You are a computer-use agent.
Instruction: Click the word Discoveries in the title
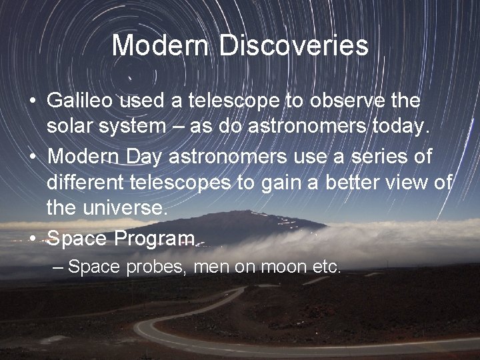tap(293, 45)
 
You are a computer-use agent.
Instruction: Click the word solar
tap(69, 125)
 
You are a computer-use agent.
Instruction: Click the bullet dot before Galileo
tap(32, 102)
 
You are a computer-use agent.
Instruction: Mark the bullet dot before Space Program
tap(32, 238)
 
